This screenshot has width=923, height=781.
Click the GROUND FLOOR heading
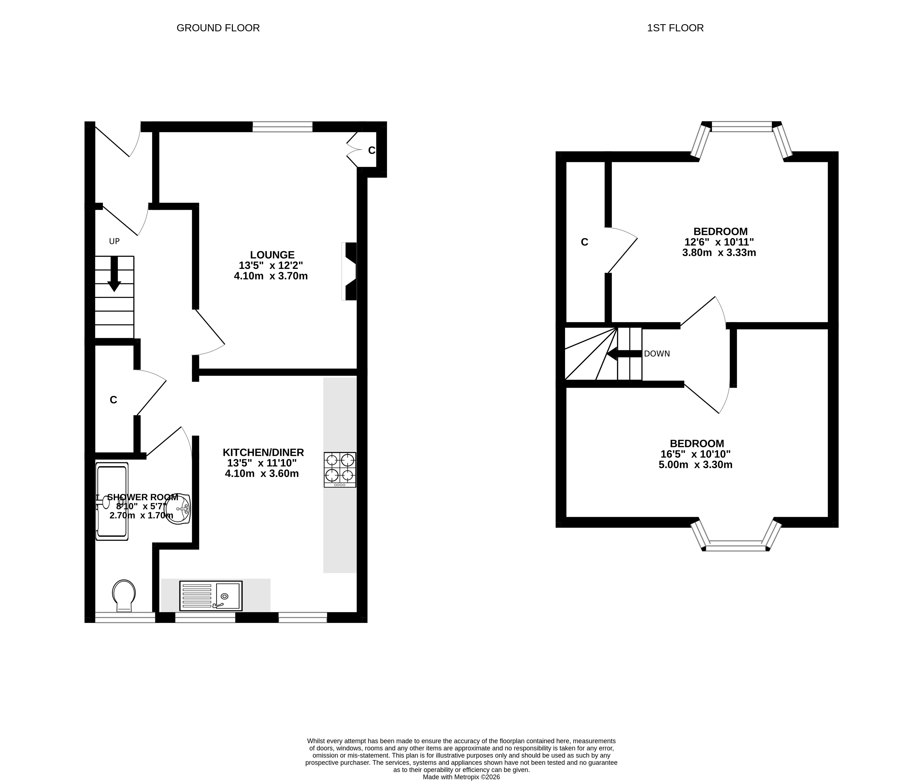tap(218, 28)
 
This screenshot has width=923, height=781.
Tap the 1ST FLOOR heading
tap(675, 28)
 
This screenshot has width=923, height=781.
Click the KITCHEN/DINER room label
tap(263, 453)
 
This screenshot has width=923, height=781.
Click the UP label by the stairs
tap(114, 241)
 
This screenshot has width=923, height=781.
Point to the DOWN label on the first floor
tap(657, 354)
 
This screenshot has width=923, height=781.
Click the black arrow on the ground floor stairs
tap(114, 274)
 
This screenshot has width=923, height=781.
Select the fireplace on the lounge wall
tap(350, 271)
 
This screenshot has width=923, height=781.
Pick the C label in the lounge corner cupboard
tap(372, 151)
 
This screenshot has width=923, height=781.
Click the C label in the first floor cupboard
tap(585, 242)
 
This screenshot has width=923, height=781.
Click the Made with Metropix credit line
tap(461, 777)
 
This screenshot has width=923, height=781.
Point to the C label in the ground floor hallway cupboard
tap(113, 400)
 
